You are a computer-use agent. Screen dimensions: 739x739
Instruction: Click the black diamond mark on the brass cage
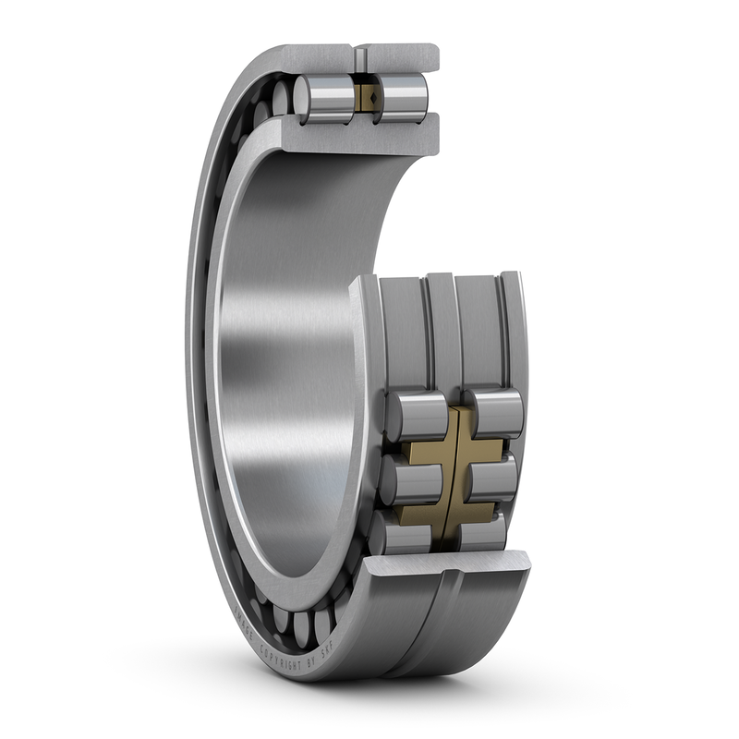(x=367, y=95)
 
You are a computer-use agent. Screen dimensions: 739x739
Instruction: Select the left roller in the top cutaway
(x=325, y=98)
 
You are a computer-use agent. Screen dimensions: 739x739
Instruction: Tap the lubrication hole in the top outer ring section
(x=359, y=56)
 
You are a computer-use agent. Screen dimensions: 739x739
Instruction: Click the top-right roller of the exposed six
(x=494, y=414)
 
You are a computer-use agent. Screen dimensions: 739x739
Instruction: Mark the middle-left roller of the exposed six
(x=408, y=479)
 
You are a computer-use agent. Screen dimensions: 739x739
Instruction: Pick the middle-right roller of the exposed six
(x=491, y=479)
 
